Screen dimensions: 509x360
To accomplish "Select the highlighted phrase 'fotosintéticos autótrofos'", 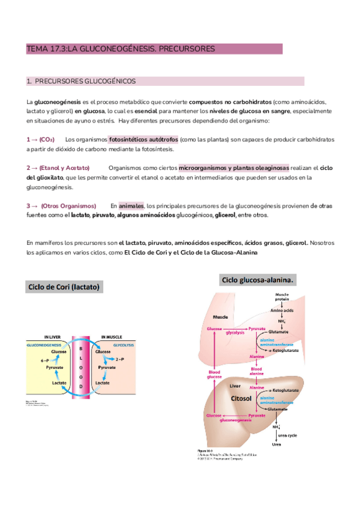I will [x=143, y=139].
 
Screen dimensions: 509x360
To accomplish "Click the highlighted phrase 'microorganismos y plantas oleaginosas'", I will [x=233, y=167].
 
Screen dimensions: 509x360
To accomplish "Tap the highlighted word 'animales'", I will [x=131, y=205].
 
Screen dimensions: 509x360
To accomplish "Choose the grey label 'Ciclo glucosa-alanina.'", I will [x=259, y=280].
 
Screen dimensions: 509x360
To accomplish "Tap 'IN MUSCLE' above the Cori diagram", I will [x=112, y=337].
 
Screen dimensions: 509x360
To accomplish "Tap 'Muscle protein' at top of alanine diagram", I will [x=282, y=297].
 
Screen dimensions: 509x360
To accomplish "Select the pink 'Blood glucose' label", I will [x=214, y=375].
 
